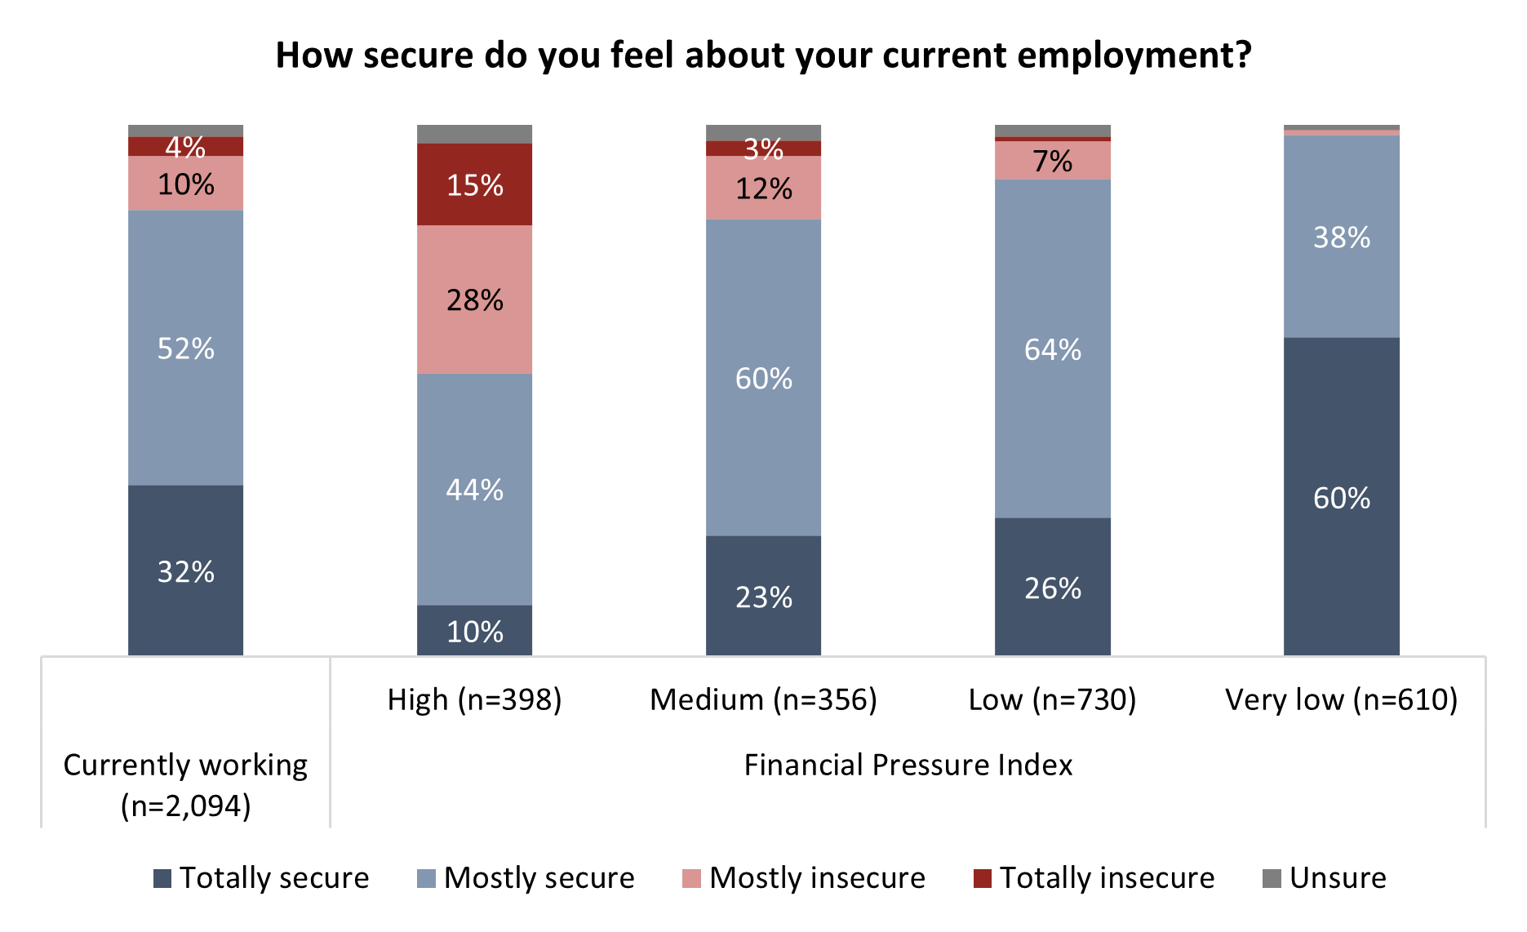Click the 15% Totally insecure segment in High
[474, 184]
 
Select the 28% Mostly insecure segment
[474, 300]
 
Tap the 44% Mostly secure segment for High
[474, 489]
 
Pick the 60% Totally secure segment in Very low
[1341, 497]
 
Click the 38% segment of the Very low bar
[1341, 237]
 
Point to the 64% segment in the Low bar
[1052, 348]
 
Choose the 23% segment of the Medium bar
[763, 597]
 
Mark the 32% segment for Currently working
[185, 570]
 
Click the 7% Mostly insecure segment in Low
[1052, 161]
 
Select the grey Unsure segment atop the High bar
[474, 134]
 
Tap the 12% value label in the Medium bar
[763, 189]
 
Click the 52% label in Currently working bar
[185, 348]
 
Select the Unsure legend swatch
[1272, 879]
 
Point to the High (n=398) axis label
[474, 699]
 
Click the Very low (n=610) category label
[1341, 699]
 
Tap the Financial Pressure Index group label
[908, 765]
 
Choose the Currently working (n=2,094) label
[185, 784]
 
